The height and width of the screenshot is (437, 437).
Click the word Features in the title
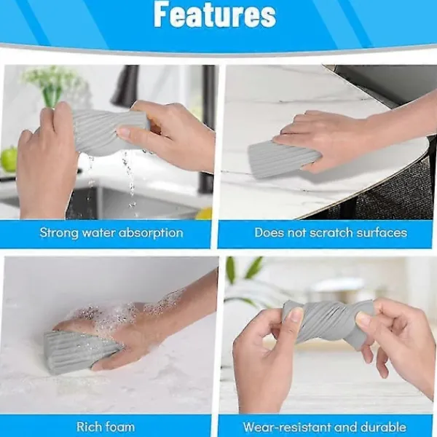tap(215, 15)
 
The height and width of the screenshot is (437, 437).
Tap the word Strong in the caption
tap(59, 233)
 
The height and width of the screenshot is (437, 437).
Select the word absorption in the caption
tap(151, 233)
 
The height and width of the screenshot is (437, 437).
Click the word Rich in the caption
tap(88, 427)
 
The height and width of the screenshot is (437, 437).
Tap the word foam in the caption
tap(119, 427)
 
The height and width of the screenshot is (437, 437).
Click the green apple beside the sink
tap(9, 159)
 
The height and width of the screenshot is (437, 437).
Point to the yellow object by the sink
tap(204, 213)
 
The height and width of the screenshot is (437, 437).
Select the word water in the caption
tap(98, 233)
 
